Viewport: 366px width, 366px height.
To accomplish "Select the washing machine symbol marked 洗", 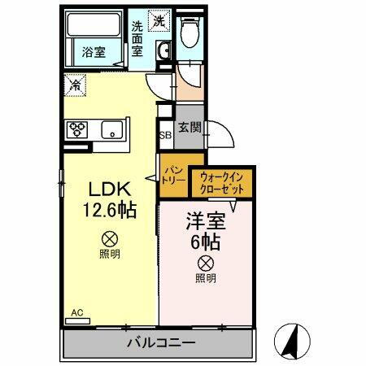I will (160, 20).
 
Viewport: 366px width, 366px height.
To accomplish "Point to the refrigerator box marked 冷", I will (75, 83).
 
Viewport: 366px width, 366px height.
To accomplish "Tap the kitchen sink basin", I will (111, 129).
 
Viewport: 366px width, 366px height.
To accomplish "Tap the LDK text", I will (106, 188).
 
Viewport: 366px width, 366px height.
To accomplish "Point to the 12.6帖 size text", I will (107, 209).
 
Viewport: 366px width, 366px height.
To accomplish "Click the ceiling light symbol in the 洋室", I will (206, 263).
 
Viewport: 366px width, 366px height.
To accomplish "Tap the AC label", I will (77, 312).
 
